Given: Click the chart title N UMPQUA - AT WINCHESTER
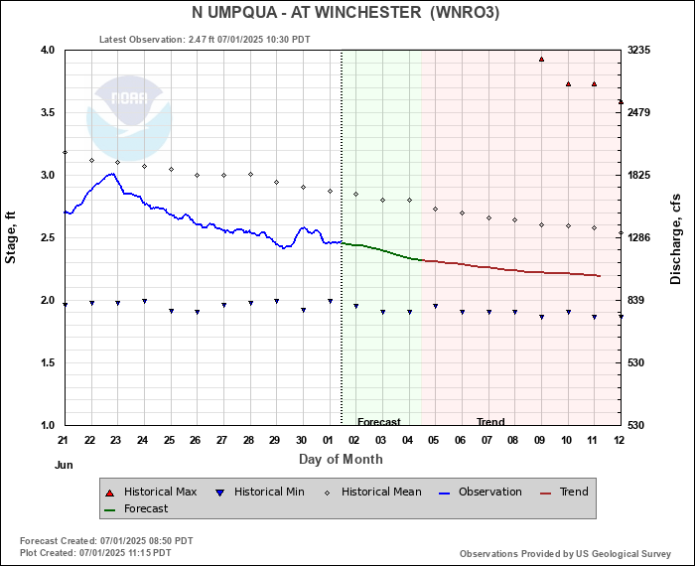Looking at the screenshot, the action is [306, 12].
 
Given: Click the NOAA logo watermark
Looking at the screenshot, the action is [128, 118].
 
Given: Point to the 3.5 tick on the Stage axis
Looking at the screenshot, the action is [48, 112].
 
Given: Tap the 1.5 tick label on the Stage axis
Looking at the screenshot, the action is [48, 363].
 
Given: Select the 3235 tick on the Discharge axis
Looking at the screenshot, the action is [638, 50].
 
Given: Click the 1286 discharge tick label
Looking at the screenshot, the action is [638, 237].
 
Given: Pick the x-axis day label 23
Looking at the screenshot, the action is [116, 440].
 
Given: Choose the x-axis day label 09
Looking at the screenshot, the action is [539, 440].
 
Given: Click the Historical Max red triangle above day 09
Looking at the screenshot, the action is [541, 59].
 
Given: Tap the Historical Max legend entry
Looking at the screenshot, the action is [151, 492].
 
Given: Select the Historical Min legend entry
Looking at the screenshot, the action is [259, 492].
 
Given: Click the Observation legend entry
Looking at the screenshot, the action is [480, 492].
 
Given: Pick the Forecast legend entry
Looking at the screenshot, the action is [136, 508].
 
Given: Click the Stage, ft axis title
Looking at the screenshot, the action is [10, 237].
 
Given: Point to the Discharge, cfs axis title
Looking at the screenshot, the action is [675, 239].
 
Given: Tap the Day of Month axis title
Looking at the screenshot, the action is [341, 459].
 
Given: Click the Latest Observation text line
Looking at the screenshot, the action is [205, 40].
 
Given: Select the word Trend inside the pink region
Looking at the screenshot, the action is [490, 421].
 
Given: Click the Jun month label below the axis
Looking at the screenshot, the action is [64, 465].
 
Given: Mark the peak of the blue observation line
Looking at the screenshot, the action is [112, 174].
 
